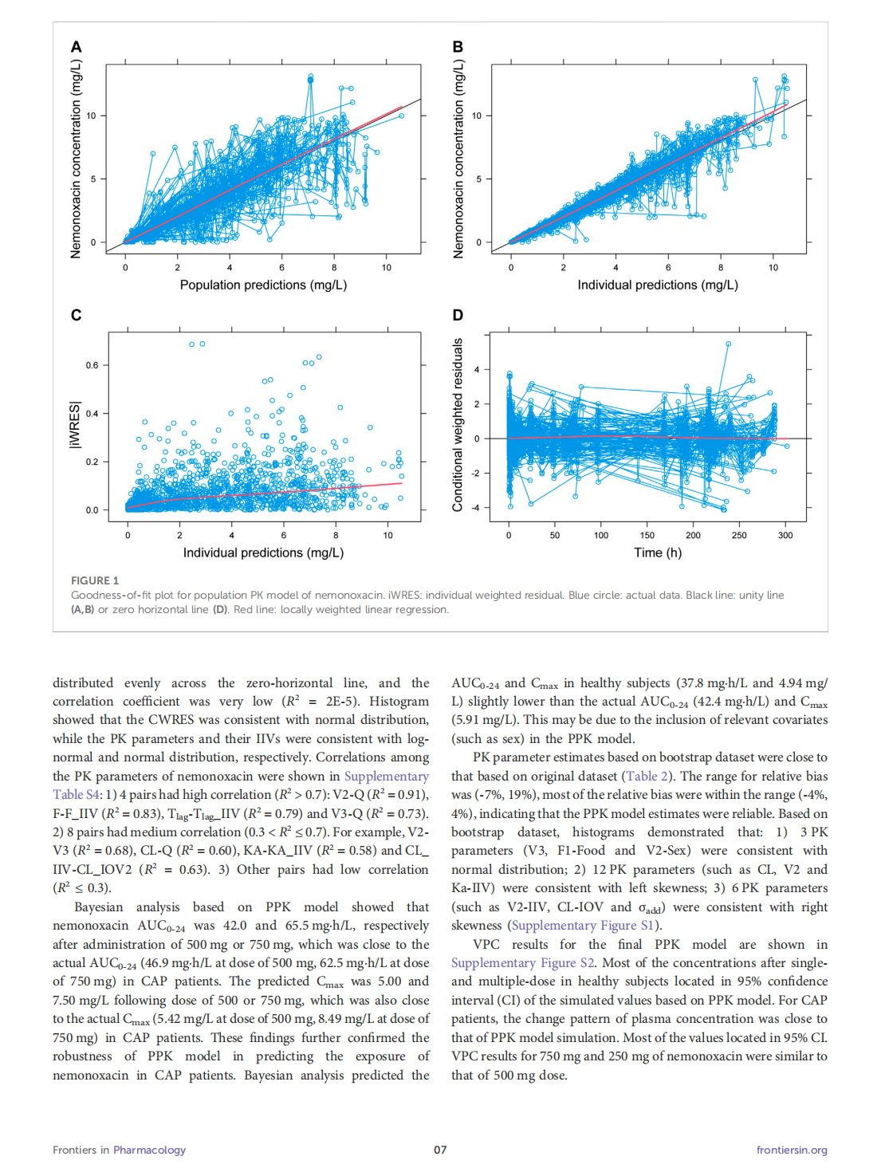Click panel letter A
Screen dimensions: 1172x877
coord(77,47)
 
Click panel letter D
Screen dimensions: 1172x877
coord(458,315)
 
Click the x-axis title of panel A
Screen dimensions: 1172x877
coord(263,285)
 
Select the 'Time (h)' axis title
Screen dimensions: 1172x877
coord(658,553)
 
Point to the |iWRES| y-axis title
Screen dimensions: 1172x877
coord(75,425)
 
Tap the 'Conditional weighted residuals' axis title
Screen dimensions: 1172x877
coord(458,425)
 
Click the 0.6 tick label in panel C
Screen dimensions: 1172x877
coord(92,365)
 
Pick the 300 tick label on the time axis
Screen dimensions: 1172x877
coord(785,535)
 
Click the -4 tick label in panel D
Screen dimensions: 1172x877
coord(475,508)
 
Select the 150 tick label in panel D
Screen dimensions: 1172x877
coord(647,535)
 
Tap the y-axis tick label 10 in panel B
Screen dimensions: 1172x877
coord(476,116)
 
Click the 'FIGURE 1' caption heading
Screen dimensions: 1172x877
coord(95,580)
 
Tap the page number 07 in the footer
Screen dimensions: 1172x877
coord(440,1150)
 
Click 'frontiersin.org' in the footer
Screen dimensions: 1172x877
coord(792,1150)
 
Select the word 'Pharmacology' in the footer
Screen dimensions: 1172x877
coord(149,1150)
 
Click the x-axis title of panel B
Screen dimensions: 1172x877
coord(658,285)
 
